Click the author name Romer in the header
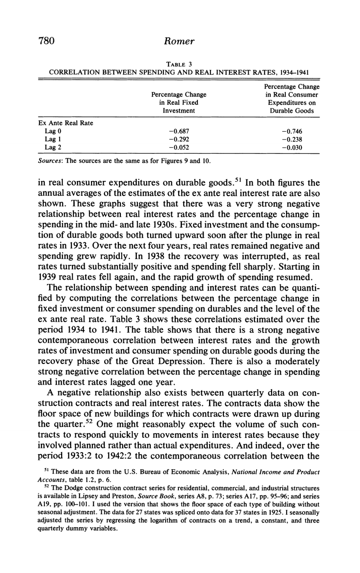pyautogui.click(x=180, y=41)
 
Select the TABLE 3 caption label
pyautogui.click(x=180, y=64)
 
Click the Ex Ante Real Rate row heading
pyautogui.click(x=66, y=123)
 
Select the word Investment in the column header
pyautogui.click(x=178, y=111)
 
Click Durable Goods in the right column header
pyautogui.click(x=291, y=111)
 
